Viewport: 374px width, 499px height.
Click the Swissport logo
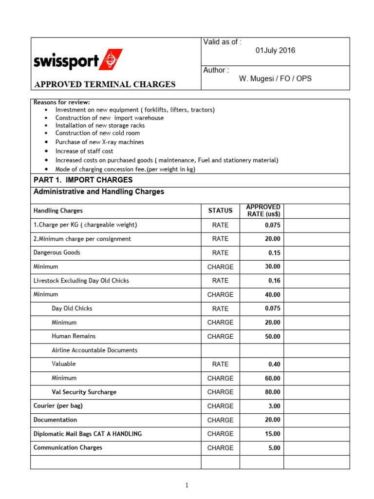[78, 60]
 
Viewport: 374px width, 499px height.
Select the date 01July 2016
[275, 51]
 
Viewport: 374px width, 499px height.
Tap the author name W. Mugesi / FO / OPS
[275, 78]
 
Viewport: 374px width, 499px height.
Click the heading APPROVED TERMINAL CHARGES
[104, 84]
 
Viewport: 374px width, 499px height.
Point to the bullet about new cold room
[97, 133]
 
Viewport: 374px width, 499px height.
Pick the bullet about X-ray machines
[99, 142]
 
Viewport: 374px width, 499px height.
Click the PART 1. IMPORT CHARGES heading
[76, 180]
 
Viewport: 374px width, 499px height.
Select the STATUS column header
[220, 211]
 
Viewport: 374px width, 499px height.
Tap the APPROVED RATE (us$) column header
[263, 211]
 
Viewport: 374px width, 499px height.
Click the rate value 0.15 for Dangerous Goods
[274, 253]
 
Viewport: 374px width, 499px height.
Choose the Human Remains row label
[74, 336]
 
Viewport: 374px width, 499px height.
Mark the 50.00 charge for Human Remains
[272, 336]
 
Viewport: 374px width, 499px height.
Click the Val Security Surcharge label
[84, 392]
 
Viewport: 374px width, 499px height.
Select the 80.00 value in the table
[272, 392]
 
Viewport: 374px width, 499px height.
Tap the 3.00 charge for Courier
[274, 406]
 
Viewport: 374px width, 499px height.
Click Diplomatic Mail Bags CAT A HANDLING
[88, 434]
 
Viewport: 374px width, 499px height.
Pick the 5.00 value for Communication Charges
[274, 448]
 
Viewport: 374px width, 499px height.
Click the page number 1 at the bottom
[187, 485]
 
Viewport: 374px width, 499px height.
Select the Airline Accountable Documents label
[94, 350]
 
